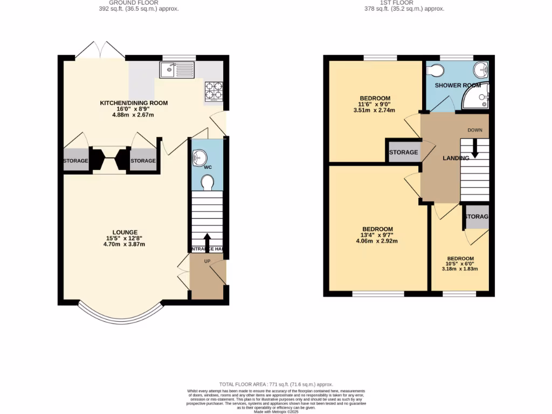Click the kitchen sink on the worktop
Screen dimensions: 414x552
tap(177, 70)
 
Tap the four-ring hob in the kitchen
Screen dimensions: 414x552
tap(213, 91)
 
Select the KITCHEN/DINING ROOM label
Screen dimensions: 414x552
tap(134, 103)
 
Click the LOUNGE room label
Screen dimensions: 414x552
tap(125, 232)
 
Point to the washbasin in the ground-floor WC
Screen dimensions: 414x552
tap(197, 157)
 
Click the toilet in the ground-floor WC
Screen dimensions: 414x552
tap(207, 183)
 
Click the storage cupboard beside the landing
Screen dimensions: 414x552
tap(403, 153)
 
